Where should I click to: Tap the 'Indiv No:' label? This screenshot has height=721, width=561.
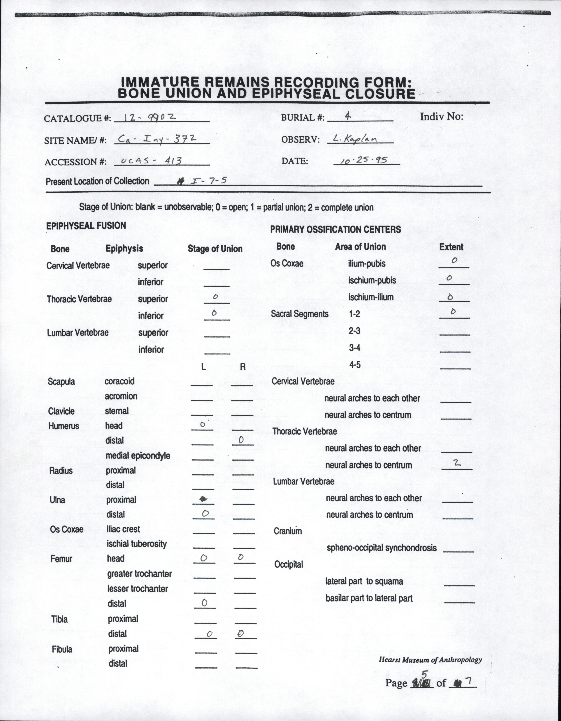point(441,116)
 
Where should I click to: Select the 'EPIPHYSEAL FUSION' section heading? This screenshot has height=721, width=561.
point(86,226)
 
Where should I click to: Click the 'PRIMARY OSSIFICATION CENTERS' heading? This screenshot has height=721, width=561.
point(335,229)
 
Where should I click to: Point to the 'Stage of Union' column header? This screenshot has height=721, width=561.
point(215,249)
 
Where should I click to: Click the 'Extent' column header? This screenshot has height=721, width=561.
point(451,247)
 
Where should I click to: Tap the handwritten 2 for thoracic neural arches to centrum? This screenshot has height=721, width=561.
point(457,463)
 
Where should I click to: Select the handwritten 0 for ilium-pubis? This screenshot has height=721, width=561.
point(454,260)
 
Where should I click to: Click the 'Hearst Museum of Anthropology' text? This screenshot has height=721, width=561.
point(430,660)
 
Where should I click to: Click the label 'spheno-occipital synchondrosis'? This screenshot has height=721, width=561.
point(382,548)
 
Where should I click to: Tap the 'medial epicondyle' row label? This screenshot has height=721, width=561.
point(138,455)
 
